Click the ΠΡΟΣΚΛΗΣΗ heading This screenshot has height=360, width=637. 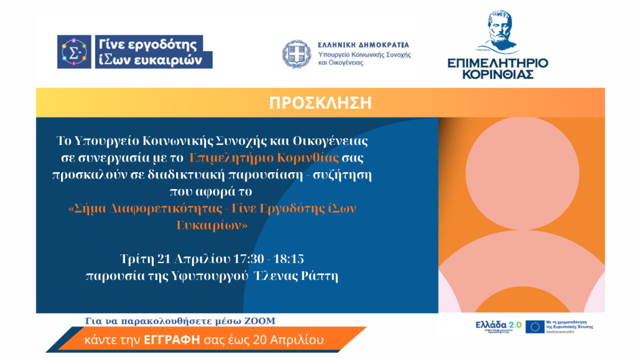320,103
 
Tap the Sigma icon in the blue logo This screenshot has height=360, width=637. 74,52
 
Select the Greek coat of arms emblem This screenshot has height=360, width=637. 297,54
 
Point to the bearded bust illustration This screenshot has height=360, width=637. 498,29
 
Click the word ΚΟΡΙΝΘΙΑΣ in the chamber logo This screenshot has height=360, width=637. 498,75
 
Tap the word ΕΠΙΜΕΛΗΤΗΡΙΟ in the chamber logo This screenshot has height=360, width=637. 498,63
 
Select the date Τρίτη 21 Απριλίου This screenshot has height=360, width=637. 174,258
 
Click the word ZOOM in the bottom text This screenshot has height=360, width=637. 261,321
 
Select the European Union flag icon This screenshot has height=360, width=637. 534,327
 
